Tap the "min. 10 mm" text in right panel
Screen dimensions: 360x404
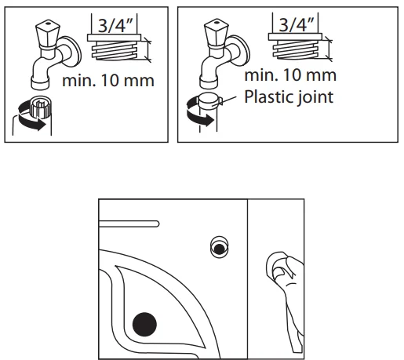[291, 75]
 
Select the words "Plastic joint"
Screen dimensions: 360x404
[289, 98]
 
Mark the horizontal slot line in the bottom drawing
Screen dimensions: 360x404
[129, 221]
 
